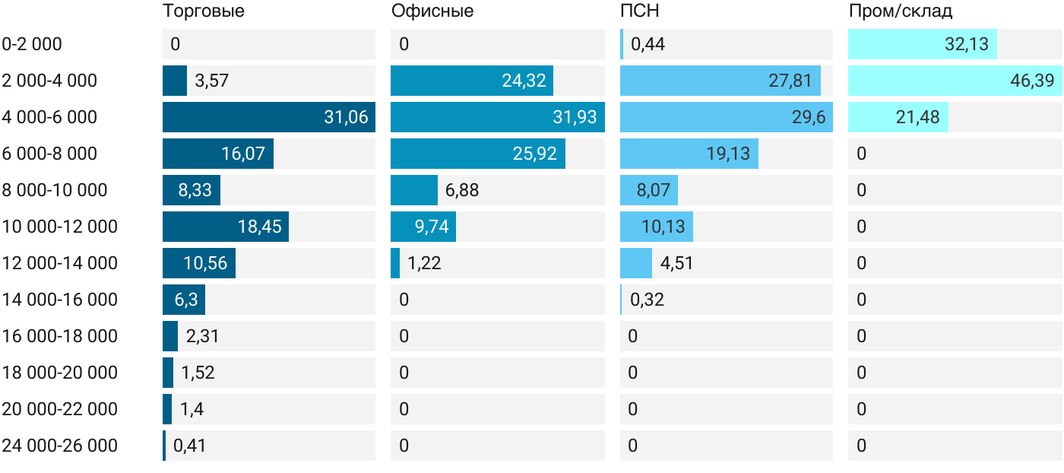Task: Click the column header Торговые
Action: tap(204, 11)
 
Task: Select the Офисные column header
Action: tap(432, 11)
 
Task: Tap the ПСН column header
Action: tap(640, 11)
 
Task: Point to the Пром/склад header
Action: tap(901, 11)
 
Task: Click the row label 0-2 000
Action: tap(32, 44)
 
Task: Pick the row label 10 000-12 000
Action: tap(60, 227)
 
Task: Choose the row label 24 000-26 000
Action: tap(60, 446)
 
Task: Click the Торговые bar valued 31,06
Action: tap(269, 117)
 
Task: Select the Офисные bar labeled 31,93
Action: tap(498, 117)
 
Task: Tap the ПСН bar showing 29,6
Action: tap(727, 117)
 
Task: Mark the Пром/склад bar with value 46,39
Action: tap(955, 81)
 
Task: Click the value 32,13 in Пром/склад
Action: tap(966, 44)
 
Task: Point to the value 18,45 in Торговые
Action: tap(260, 227)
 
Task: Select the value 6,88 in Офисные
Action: tap(462, 190)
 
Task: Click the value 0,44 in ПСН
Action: tap(648, 44)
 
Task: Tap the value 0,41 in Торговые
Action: tap(189, 446)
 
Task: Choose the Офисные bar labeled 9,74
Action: tap(423, 227)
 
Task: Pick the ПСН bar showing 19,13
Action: tap(689, 154)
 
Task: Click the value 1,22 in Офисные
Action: tap(424, 263)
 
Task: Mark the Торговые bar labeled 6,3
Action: tap(184, 300)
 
